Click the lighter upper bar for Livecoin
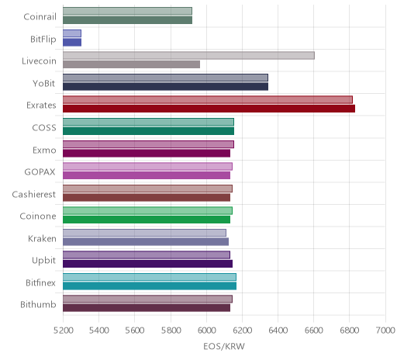point(188,55)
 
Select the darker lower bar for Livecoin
point(131,64)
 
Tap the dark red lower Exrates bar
point(209,109)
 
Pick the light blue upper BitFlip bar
point(72,33)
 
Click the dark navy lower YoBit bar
point(165,87)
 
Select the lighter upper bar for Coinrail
point(127,11)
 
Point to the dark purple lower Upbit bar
point(147,264)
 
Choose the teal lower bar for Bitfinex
point(150,286)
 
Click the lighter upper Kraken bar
point(144,233)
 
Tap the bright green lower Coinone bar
point(147,220)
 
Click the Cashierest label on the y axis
point(34,194)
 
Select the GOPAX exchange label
point(40,172)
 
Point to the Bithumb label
point(38,304)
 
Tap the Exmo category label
point(44,150)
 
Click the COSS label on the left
point(44,128)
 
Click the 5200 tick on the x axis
point(63,331)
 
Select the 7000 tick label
point(385,331)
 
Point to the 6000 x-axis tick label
point(206,331)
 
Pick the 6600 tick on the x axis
point(314,331)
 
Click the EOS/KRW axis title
point(224,346)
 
